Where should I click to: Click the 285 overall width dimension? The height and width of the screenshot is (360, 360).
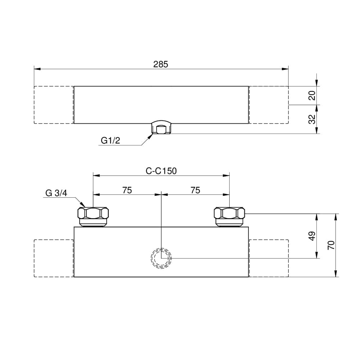click(x=161, y=64)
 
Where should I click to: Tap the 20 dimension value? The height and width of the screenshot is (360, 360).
click(x=312, y=95)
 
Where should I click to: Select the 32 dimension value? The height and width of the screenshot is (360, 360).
click(x=312, y=119)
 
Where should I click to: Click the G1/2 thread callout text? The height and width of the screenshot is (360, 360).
click(x=111, y=140)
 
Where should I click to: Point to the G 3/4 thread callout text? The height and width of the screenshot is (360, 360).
click(x=56, y=193)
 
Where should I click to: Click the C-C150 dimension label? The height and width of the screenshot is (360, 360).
click(x=161, y=171)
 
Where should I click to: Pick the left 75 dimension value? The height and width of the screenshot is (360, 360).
click(x=127, y=190)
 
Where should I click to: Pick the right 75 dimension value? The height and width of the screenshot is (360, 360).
click(x=195, y=190)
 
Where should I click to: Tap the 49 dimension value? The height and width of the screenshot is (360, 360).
click(x=312, y=236)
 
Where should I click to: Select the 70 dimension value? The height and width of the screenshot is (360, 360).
click(x=331, y=245)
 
